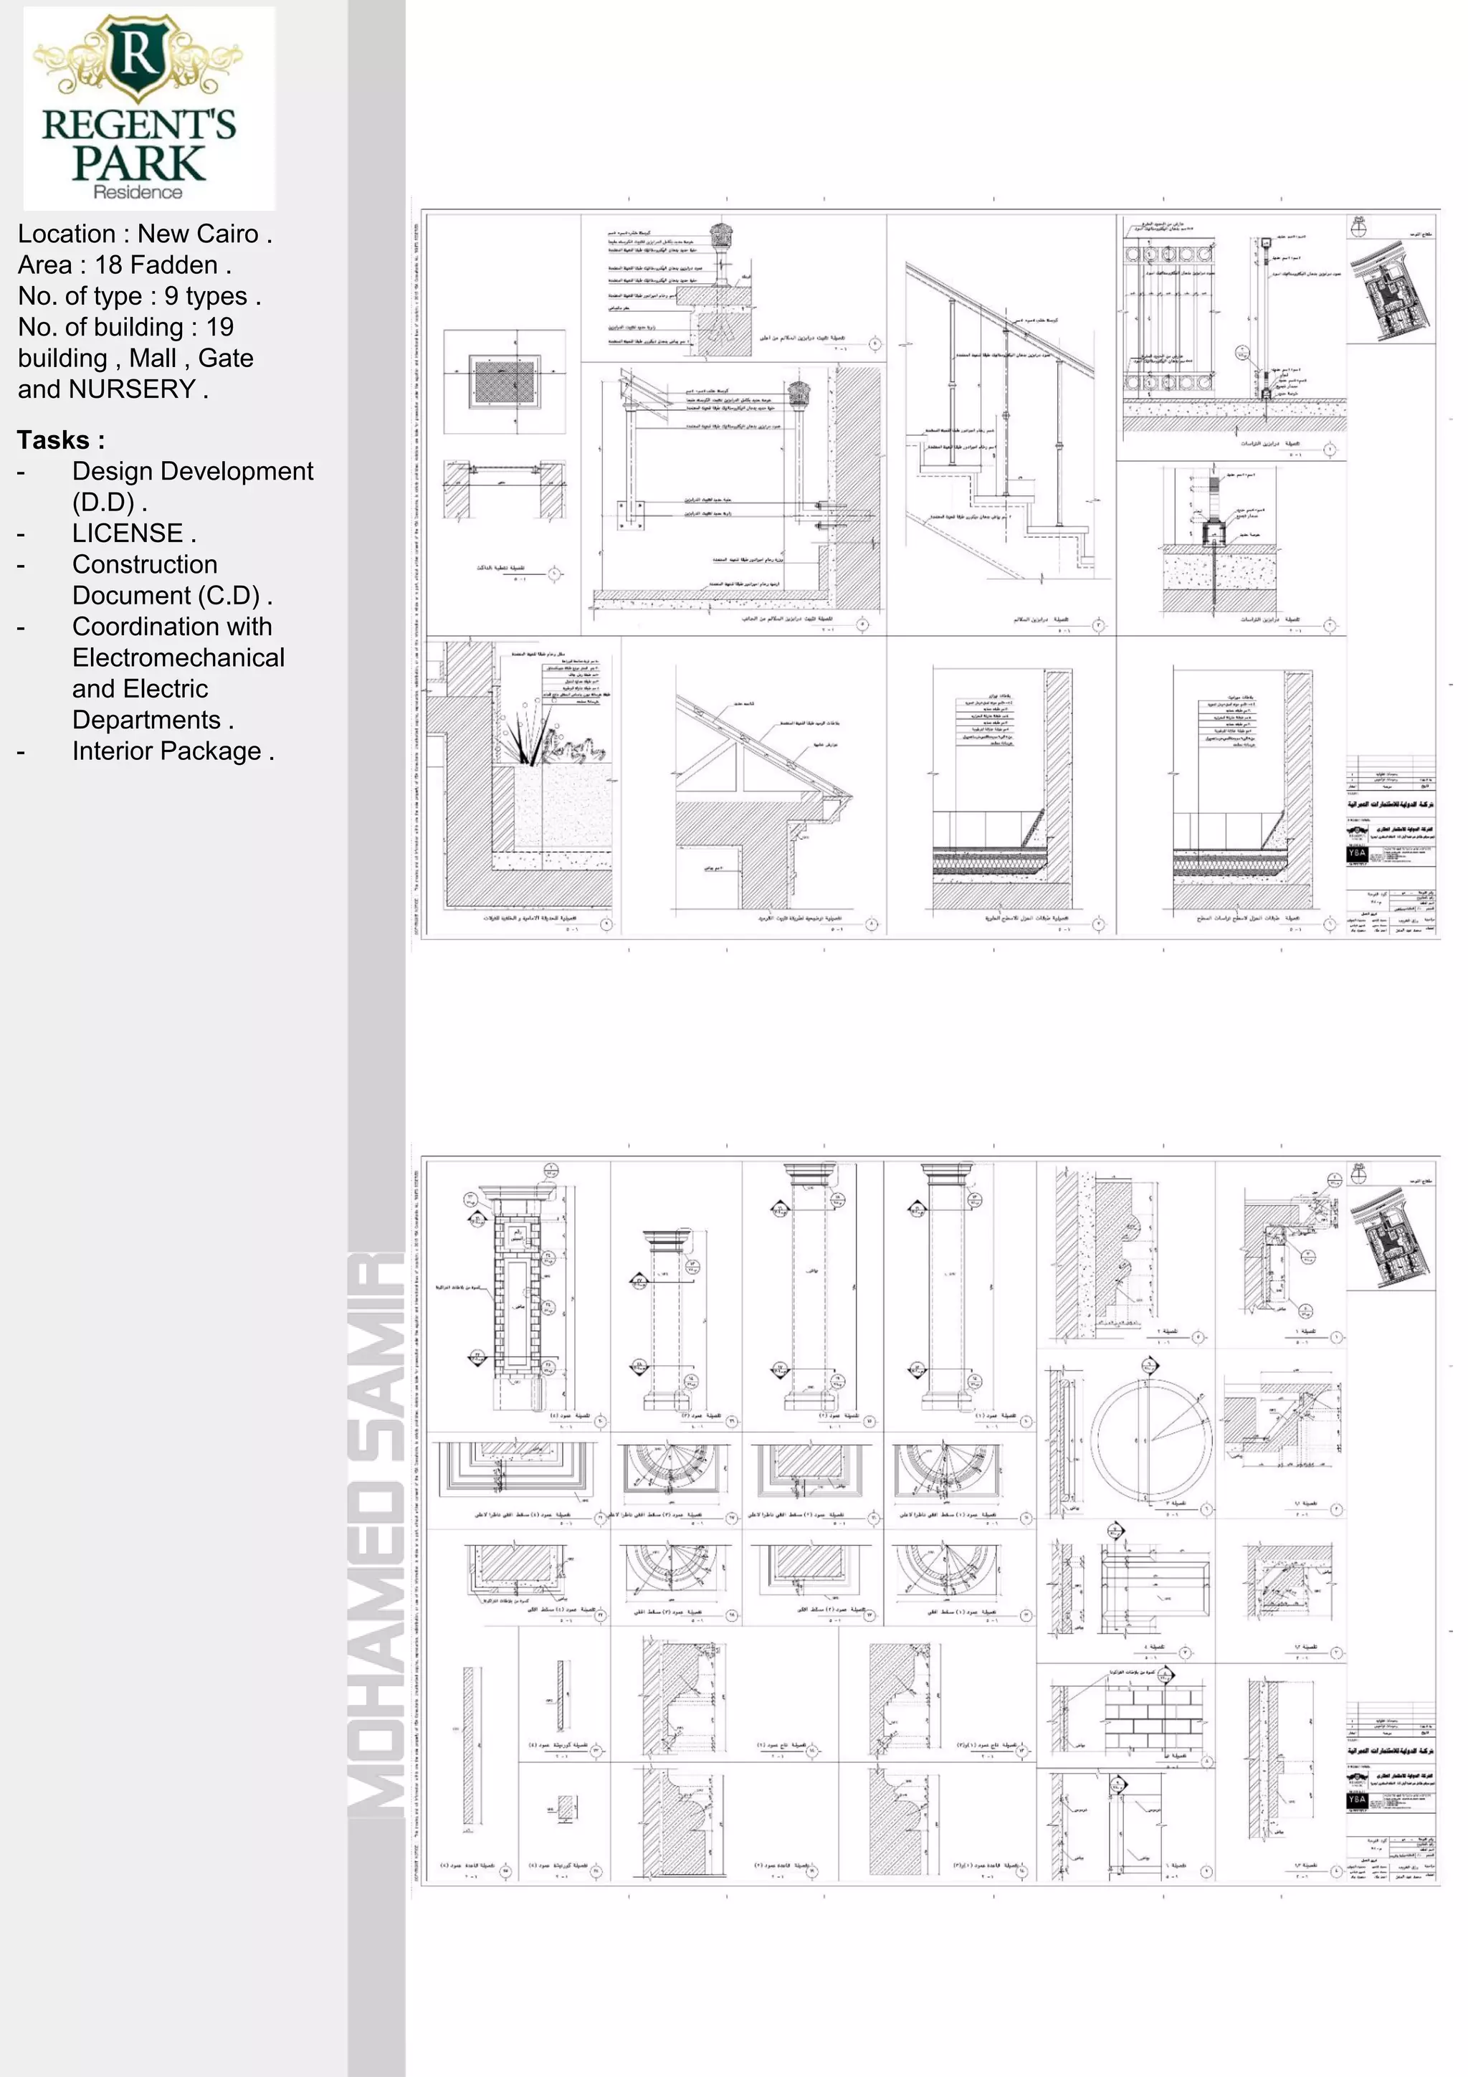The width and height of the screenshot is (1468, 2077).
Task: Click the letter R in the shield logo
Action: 138,56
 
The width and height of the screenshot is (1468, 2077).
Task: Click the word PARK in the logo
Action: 139,162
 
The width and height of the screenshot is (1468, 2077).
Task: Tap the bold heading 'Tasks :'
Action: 61,440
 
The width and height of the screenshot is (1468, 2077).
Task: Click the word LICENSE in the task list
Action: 128,533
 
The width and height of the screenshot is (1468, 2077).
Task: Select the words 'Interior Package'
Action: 166,752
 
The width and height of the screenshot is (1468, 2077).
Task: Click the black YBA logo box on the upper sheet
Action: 1357,853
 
